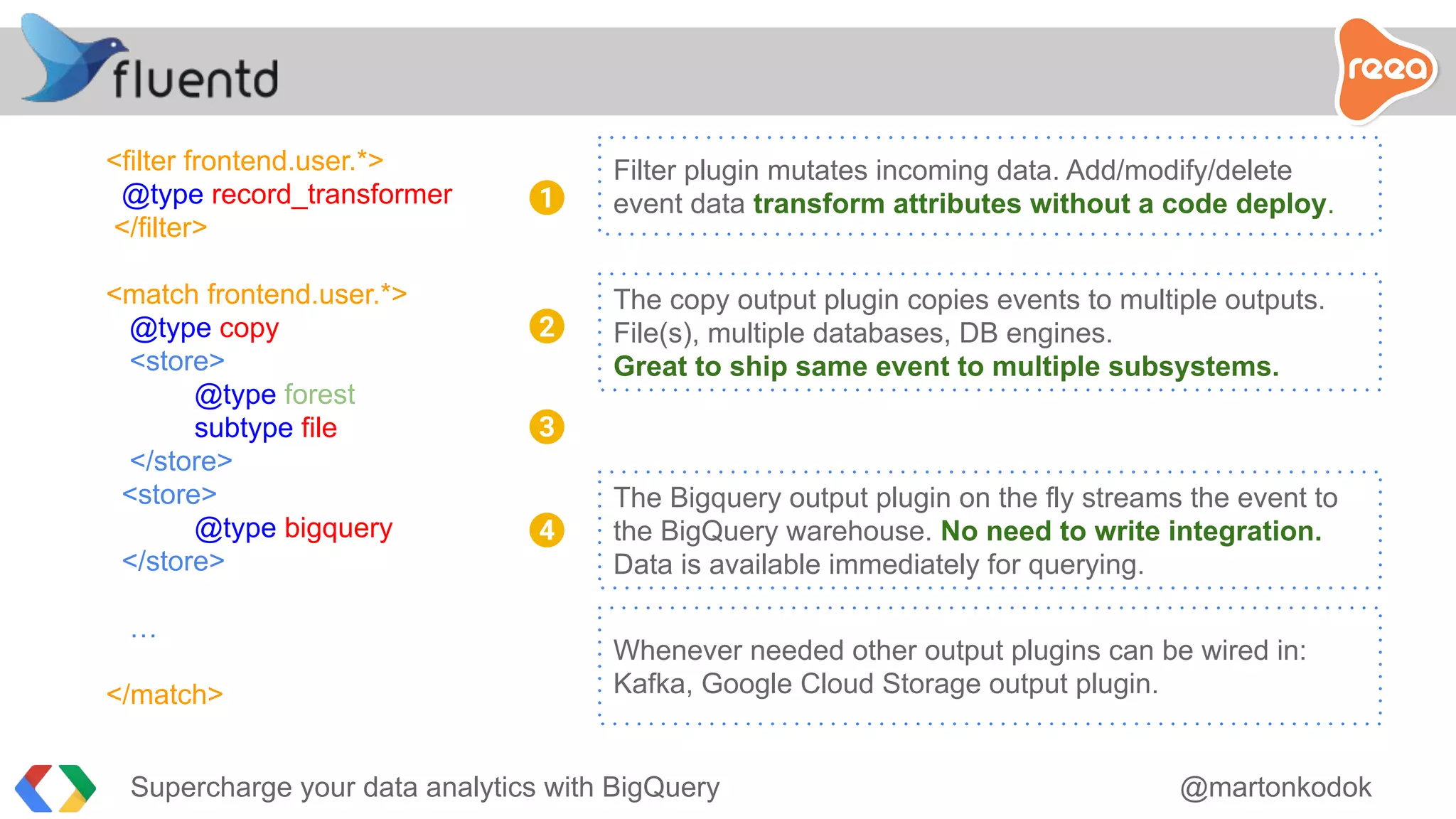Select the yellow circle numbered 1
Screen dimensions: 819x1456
tap(547, 198)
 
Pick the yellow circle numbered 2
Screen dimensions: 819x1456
tap(547, 326)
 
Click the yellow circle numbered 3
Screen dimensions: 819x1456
tap(547, 427)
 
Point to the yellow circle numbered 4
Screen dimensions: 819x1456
tap(547, 530)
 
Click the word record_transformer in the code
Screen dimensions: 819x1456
tap(332, 194)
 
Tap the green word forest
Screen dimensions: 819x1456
tap(319, 395)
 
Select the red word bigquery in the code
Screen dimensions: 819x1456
tap(338, 528)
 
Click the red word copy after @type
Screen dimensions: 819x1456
tap(249, 328)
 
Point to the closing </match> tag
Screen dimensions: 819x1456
tap(165, 695)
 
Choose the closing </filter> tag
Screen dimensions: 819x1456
tap(161, 227)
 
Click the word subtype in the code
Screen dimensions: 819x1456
tap(243, 428)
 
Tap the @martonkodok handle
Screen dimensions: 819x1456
tap(1275, 787)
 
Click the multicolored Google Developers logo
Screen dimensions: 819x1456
tap(55, 788)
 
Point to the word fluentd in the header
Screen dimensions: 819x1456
tap(196, 78)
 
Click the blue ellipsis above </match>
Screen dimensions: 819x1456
tap(143, 633)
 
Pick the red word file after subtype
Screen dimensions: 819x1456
tap(318, 428)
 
